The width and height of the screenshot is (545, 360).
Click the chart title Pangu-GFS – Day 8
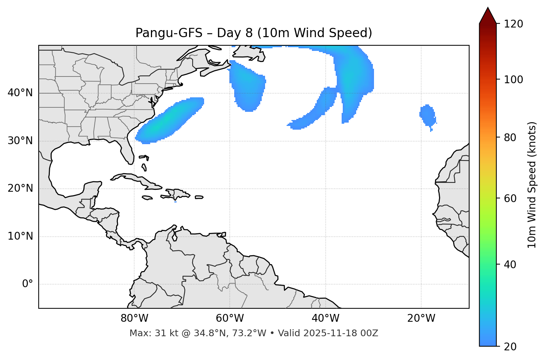tap(254, 33)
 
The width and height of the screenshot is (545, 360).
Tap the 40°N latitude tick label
tap(20, 93)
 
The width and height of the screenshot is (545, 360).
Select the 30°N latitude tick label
tap(20, 141)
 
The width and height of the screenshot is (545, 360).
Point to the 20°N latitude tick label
tap(20, 188)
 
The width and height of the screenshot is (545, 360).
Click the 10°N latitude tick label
tap(20, 236)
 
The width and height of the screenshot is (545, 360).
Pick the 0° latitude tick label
tap(28, 284)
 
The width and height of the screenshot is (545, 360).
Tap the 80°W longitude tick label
tap(134, 318)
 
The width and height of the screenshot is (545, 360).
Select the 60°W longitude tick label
tap(230, 318)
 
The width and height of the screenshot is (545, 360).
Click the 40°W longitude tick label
tap(325, 318)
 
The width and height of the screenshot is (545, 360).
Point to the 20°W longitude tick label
tap(421, 318)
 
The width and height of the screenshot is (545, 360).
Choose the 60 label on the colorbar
tap(511, 198)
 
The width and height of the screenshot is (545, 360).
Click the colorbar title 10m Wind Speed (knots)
tap(532, 185)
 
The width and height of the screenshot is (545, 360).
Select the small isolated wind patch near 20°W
tap(428, 115)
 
